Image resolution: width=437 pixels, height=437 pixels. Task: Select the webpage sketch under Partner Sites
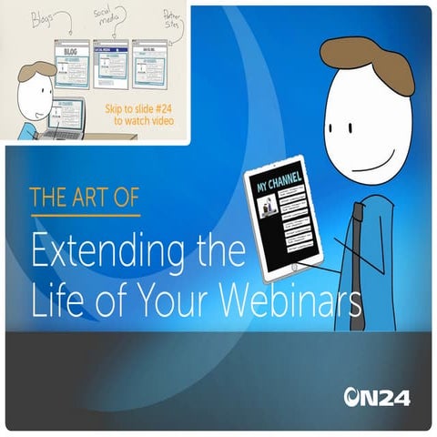click(149, 64)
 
